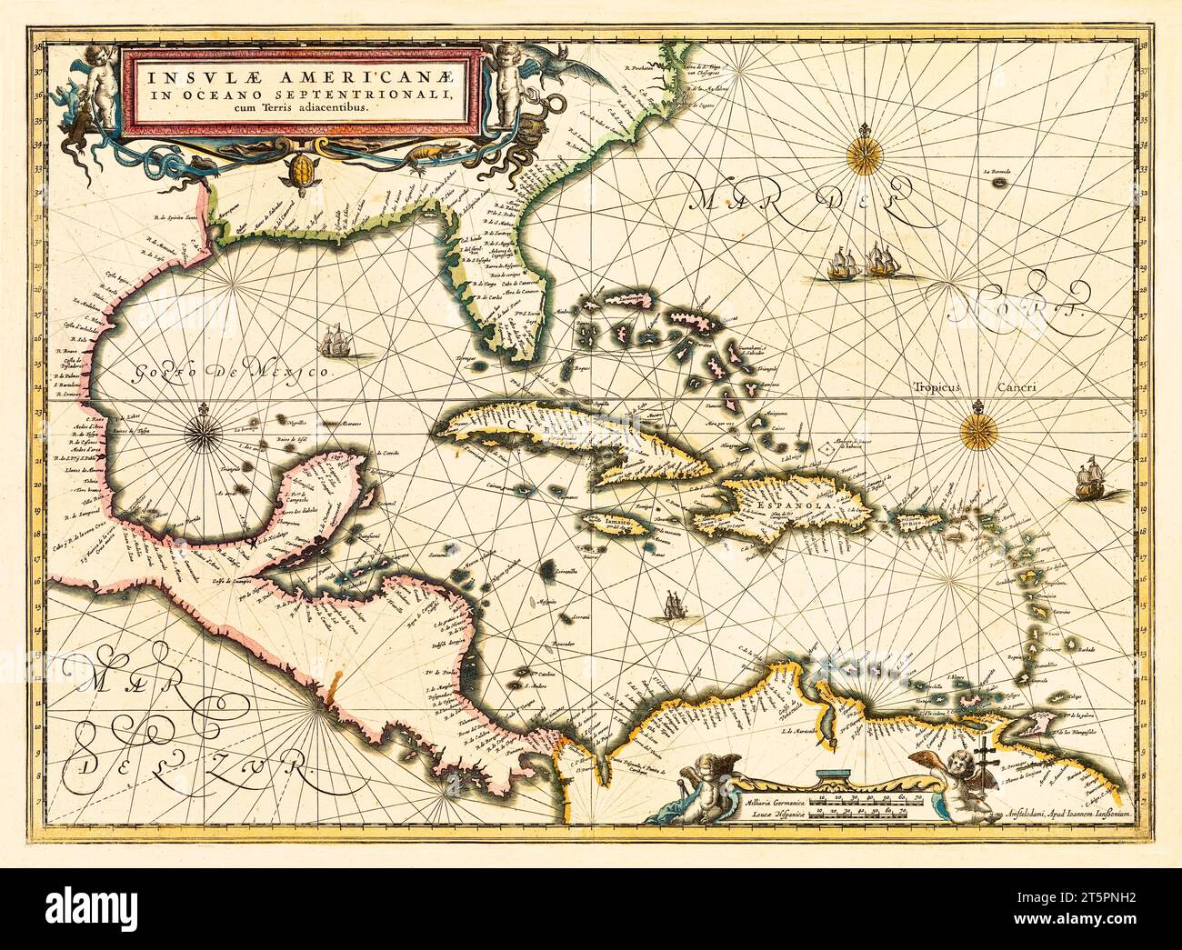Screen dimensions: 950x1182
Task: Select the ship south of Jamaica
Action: [x=672, y=605]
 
